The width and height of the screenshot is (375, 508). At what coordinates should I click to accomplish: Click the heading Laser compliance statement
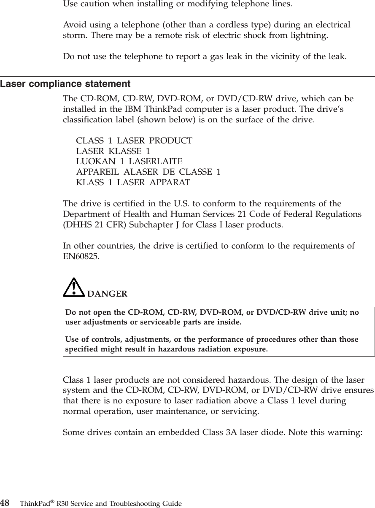tap(65, 84)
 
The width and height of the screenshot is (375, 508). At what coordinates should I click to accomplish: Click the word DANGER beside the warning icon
tap(107, 294)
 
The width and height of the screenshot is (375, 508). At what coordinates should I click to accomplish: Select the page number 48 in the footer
tap(5, 503)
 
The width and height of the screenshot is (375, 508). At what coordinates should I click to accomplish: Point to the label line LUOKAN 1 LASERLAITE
tap(129, 161)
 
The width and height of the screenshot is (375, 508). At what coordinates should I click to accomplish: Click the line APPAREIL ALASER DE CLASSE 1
tap(148, 172)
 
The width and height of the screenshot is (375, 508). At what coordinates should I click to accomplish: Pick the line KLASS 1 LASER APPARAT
tap(133, 182)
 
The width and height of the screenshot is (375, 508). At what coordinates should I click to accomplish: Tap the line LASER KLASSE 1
tap(113, 151)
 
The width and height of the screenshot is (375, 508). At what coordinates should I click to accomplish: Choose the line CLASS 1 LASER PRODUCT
tap(134, 140)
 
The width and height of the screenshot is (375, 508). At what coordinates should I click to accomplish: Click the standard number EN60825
tap(81, 256)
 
